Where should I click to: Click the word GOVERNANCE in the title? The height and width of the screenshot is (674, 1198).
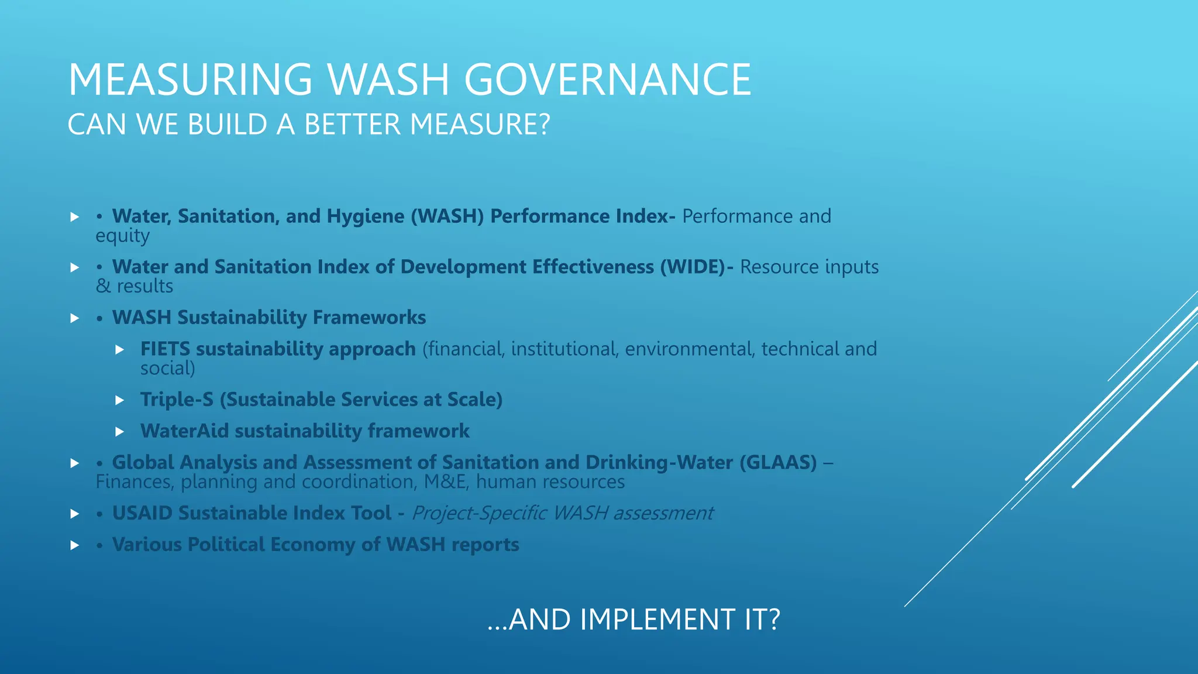608,80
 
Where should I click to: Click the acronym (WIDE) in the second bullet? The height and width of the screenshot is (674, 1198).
693,267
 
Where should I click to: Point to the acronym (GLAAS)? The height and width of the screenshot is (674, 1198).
778,462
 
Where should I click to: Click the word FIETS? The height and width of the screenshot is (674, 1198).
165,349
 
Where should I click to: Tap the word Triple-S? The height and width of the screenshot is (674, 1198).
177,400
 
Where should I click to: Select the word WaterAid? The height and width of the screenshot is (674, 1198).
184,431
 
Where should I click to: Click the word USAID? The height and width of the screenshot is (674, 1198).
142,513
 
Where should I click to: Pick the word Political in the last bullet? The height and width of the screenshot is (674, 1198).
226,545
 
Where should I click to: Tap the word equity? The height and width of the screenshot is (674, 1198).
123,236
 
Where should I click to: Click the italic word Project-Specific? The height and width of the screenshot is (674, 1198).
480,513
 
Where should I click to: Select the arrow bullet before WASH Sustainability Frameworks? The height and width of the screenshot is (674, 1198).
74,318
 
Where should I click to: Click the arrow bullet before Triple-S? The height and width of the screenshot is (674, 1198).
120,400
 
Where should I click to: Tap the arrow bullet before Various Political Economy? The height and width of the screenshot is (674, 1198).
74,545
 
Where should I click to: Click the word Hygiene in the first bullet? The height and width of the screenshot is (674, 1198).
365,216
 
